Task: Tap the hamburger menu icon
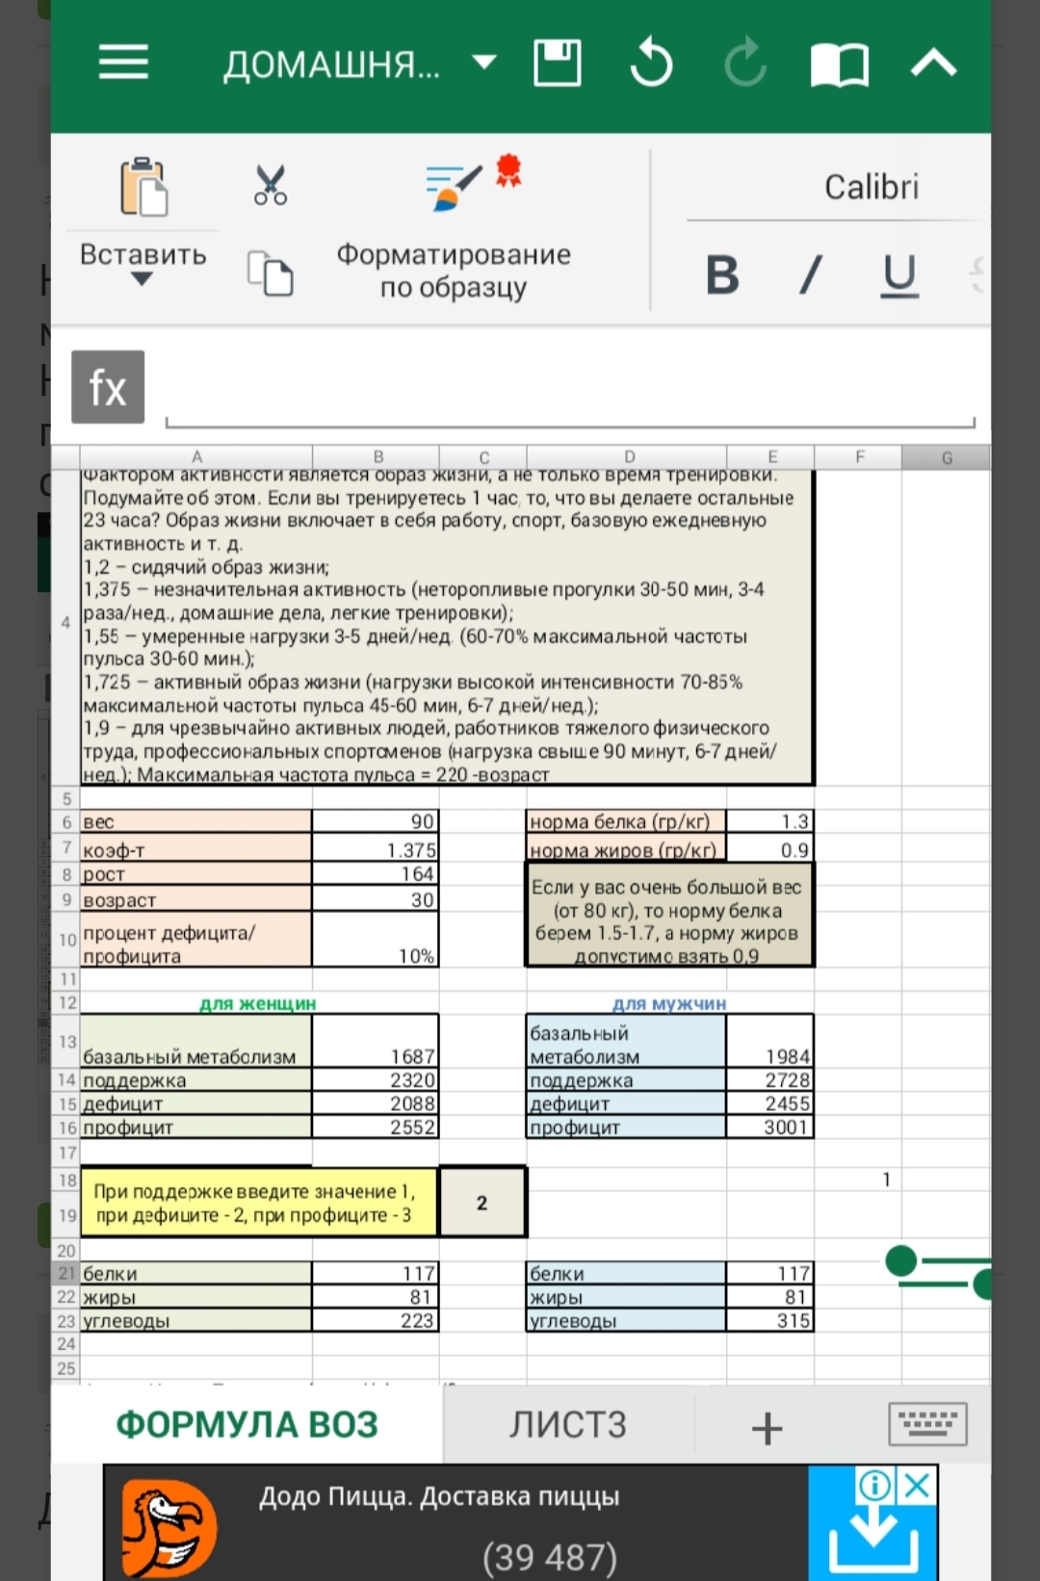(x=123, y=63)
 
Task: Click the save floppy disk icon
(x=558, y=64)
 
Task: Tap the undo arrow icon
(x=651, y=64)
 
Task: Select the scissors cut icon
(x=271, y=185)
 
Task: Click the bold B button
(x=722, y=275)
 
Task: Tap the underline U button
(x=899, y=275)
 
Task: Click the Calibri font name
(x=871, y=187)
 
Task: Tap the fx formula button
(x=108, y=387)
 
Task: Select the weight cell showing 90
(x=376, y=821)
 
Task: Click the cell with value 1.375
(x=376, y=849)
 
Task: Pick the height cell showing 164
(x=376, y=874)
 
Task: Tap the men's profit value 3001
(x=770, y=1127)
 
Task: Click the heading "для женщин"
(x=257, y=1003)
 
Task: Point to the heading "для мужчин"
(x=669, y=1003)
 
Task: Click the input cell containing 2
(x=482, y=1203)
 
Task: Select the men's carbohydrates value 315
(x=770, y=1321)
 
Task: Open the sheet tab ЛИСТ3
(x=568, y=1425)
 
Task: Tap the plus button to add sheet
(x=767, y=1428)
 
